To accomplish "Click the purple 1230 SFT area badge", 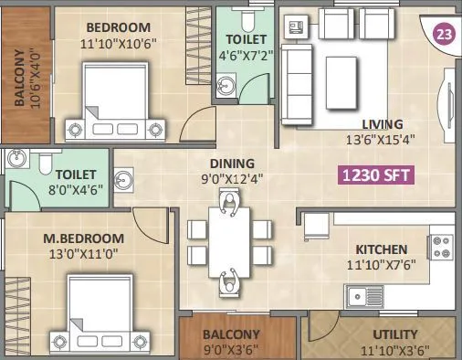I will tap(374, 175).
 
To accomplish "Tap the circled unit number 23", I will tap(444, 36).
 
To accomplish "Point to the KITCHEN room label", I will tap(382, 249).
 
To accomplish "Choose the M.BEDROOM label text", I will tap(83, 239).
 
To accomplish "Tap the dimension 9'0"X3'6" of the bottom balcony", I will tap(233, 348).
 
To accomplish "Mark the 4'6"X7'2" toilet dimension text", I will tap(245, 56).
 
